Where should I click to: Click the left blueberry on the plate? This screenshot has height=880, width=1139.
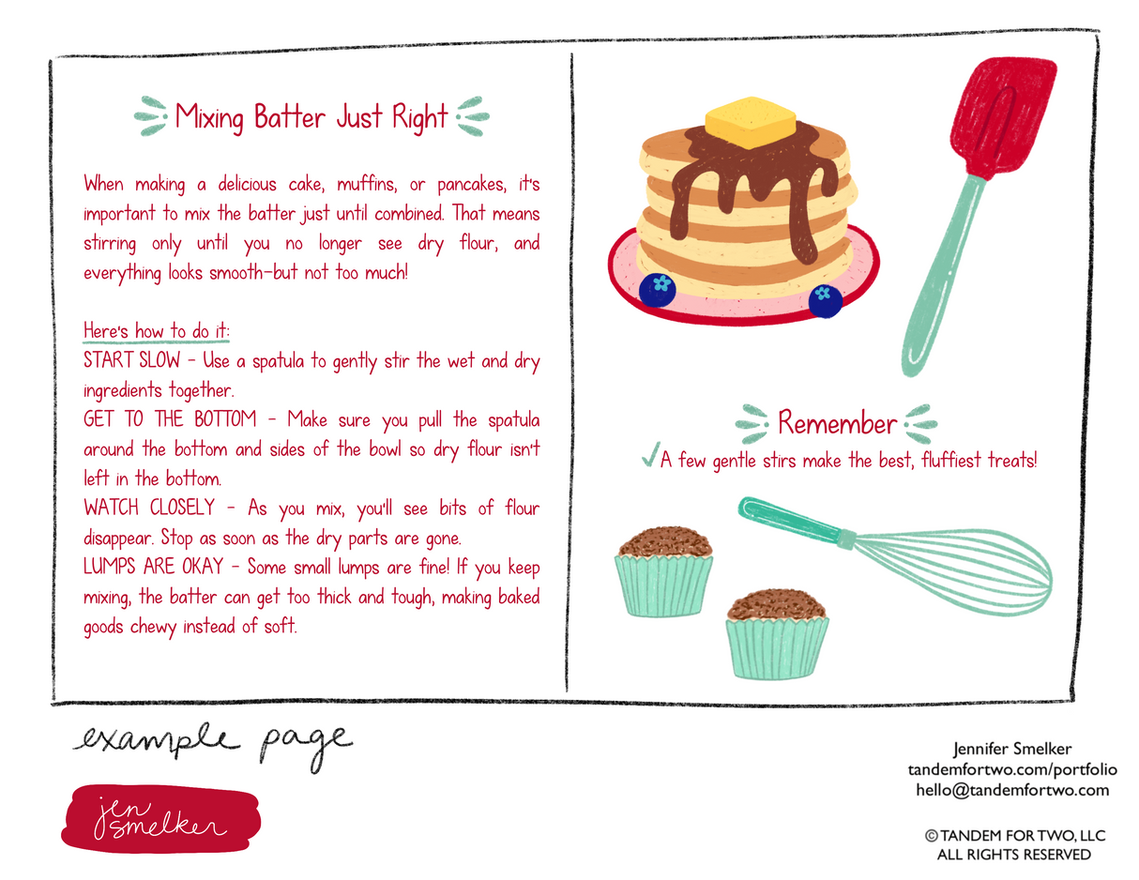click(657, 289)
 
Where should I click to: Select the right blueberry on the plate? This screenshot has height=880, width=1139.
click(825, 301)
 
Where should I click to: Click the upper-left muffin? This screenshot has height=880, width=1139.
click(663, 570)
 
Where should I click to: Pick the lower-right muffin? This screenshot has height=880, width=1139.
click(777, 633)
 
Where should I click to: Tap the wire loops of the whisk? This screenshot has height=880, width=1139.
click(951, 571)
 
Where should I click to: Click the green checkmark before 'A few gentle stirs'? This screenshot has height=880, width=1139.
click(650, 454)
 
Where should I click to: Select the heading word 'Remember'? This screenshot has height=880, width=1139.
click(837, 423)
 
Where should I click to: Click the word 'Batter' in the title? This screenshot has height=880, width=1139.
click(289, 116)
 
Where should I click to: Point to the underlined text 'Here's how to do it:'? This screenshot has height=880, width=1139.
click(156, 331)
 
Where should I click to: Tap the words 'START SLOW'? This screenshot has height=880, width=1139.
click(131, 360)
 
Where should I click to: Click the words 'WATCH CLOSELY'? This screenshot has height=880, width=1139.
click(149, 508)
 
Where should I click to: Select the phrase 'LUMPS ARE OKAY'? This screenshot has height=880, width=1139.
click(154, 567)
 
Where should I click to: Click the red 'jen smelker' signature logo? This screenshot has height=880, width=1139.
click(160, 818)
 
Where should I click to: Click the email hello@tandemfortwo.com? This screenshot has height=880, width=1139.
click(1012, 790)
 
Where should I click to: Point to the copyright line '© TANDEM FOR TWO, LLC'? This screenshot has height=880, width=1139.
click(1015, 836)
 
